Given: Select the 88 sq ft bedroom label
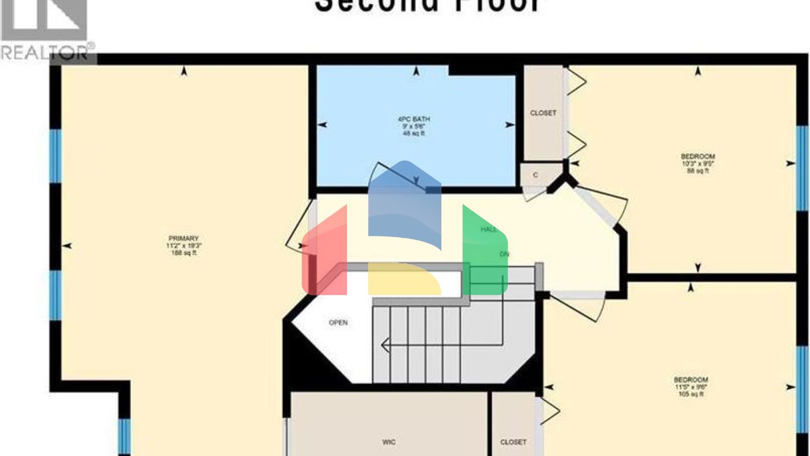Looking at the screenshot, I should (698, 164).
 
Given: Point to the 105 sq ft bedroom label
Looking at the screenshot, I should (691, 387).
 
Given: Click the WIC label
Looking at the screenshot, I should (389, 442).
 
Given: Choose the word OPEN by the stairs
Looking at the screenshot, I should (338, 322).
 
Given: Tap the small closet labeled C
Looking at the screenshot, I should (535, 175).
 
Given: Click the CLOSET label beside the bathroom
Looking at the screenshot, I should (543, 113).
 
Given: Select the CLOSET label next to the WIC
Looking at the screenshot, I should (513, 442).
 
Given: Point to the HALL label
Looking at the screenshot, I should (489, 230).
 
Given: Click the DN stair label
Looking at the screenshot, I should (505, 254).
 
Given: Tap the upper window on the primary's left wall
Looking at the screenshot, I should (55, 156).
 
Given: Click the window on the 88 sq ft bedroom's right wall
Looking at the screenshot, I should (802, 168).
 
